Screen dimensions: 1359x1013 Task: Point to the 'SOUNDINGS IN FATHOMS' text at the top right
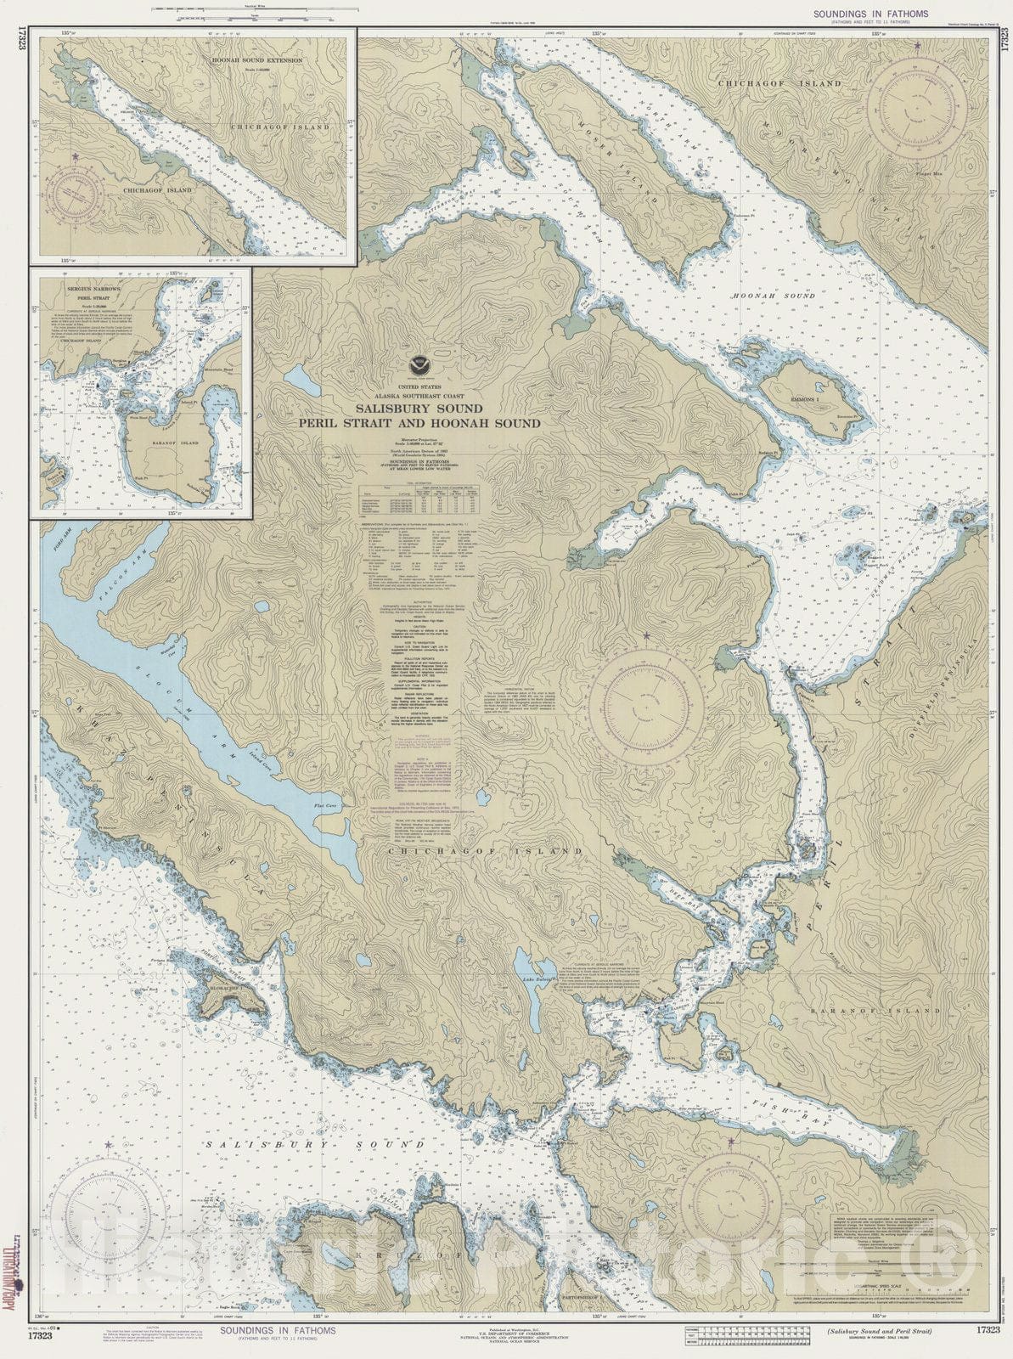click(870, 14)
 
